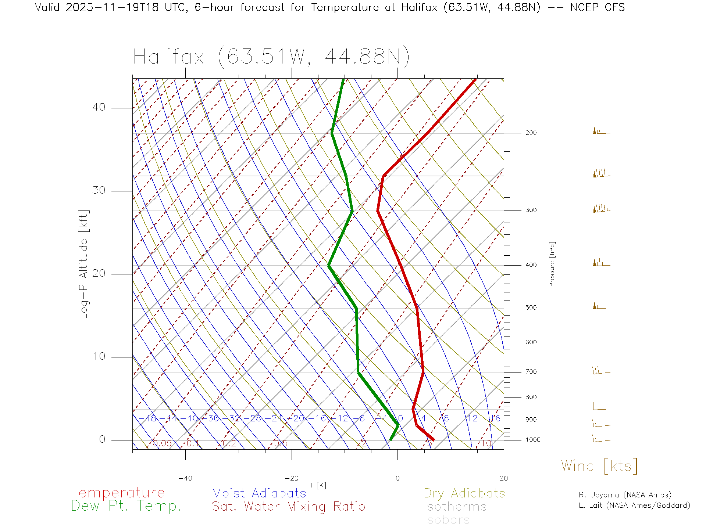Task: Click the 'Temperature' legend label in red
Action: point(117,492)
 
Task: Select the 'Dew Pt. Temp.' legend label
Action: point(126,506)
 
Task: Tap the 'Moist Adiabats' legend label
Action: point(259,493)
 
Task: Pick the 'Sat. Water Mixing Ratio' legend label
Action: point(288,506)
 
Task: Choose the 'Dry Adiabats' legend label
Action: point(464,493)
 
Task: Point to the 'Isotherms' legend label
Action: point(455,507)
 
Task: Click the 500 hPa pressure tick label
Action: point(531,307)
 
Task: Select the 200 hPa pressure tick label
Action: point(531,133)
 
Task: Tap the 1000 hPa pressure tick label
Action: point(533,440)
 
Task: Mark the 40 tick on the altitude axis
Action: point(99,107)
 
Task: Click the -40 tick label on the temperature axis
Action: point(185,478)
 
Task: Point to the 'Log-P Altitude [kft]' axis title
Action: point(84,264)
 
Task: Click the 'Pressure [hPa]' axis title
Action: point(552,264)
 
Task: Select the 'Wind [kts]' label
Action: point(599,466)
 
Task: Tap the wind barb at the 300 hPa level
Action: point(601,209)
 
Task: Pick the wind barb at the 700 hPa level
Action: point(601,371)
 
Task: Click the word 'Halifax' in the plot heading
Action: point(168,57)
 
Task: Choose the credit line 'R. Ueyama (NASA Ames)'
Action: point(625,495)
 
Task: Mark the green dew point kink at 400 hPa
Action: point(329,265)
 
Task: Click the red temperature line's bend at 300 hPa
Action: point(378,211)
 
